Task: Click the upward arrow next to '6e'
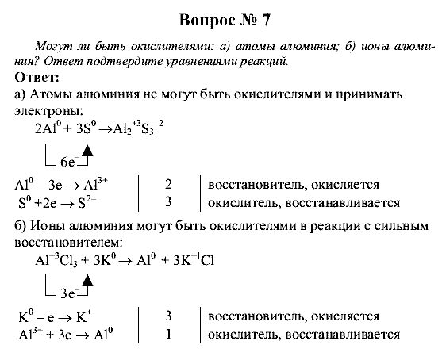[x=87, y=152]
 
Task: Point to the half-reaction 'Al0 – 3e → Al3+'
[x=61, y=184]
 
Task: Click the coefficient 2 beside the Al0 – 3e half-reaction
[x=168, y=185]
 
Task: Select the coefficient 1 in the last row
[x=168, y=334]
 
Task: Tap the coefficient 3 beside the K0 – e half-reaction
[x=168, y=317]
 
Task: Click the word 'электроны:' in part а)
[x=48, y=111]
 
